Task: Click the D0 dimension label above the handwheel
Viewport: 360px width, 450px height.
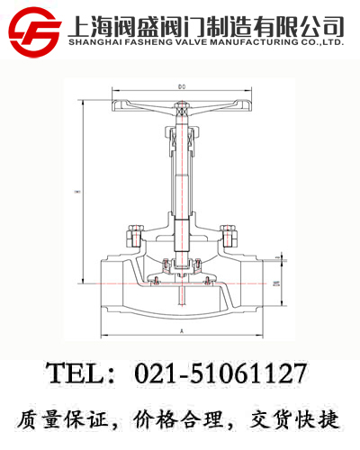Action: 181,86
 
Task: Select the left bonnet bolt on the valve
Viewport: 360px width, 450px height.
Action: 135,236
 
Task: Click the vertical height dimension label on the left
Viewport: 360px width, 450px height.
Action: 78,192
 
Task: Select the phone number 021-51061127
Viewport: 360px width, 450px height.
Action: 220,373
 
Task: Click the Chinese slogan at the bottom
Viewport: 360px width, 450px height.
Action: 180,418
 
